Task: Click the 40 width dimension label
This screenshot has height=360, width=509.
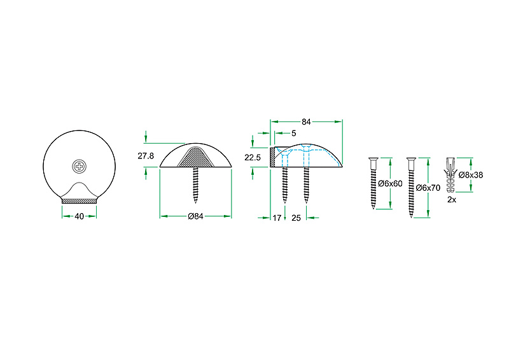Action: tap(79, 216)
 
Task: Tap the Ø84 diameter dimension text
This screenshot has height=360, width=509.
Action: tap(195, 216)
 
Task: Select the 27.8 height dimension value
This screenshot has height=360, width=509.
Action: tap(146, 156)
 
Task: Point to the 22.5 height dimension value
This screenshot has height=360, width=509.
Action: tap(253, 158)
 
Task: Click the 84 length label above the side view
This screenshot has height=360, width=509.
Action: tap(306, 121)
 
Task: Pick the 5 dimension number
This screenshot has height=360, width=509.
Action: tap(294, 133)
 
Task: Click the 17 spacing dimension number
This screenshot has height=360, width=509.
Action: tap(277, 218)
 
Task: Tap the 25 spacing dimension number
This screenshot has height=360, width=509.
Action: tap(296, 218)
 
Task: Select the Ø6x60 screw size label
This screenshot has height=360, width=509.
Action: tap(390, 184)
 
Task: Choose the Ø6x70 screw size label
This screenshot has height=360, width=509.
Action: tap(428, 188)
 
